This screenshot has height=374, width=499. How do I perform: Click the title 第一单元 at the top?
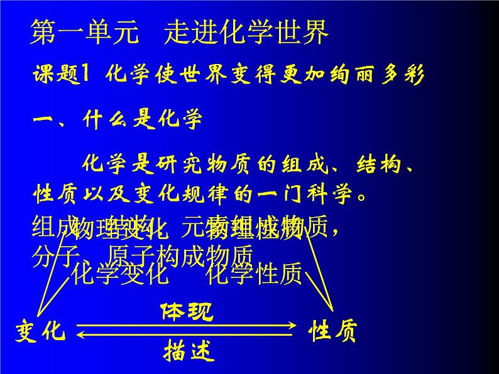(84, 34)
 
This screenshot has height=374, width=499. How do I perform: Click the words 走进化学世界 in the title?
(246, 34)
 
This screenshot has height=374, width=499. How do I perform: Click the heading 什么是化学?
(142, 119)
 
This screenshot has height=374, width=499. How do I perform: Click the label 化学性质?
(255, 274)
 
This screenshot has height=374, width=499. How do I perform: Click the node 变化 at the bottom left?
(41, 331)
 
